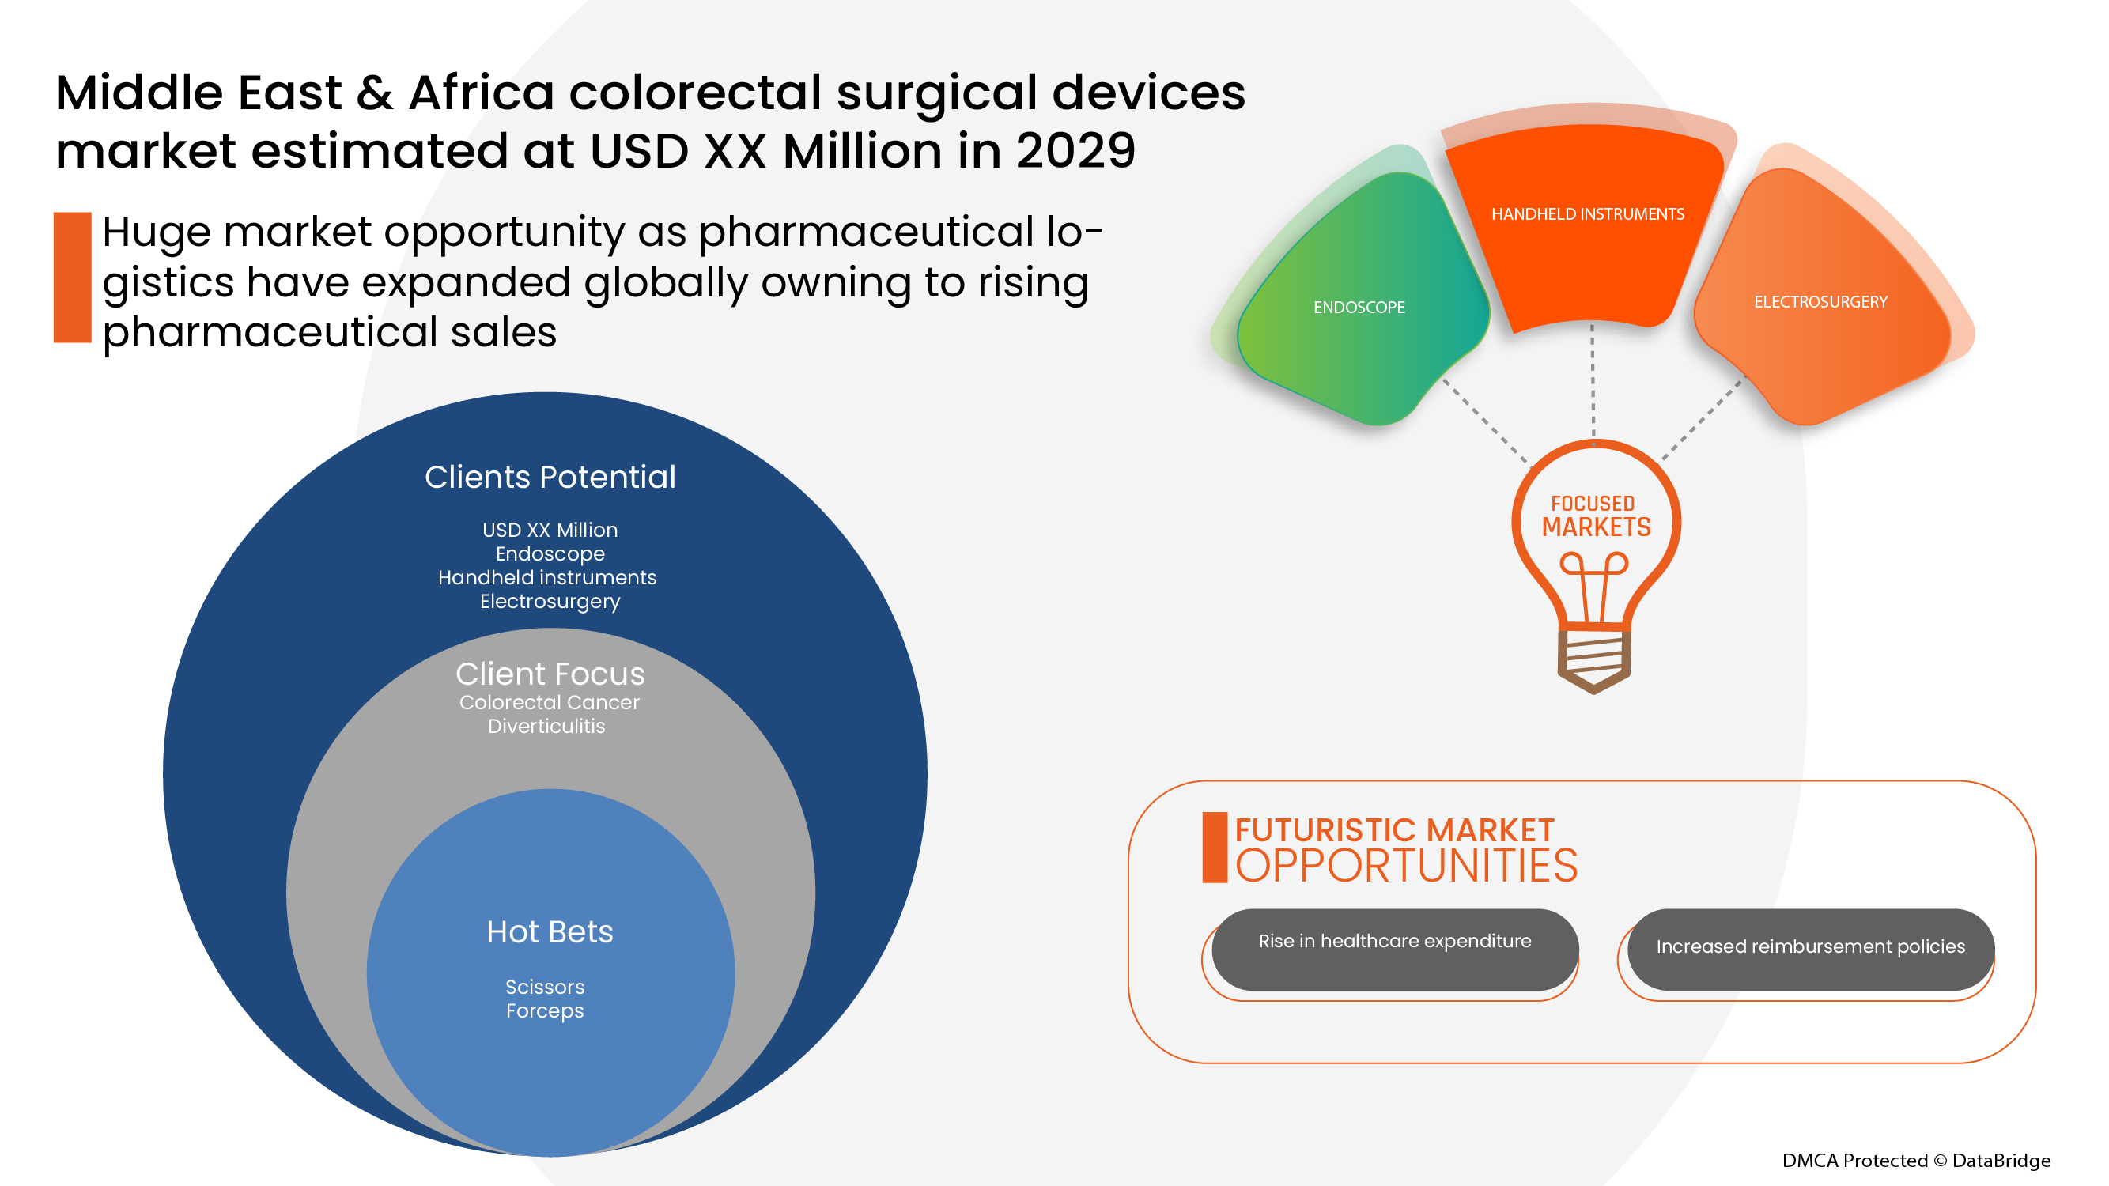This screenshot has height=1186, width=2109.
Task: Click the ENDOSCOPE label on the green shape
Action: pyautogui.click(x=1359, y=308)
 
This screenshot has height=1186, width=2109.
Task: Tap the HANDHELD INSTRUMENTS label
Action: pyautogui.click(x=1586, y=214)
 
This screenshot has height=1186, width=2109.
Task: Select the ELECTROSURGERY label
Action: pyautogui.click(x=1820, y=302)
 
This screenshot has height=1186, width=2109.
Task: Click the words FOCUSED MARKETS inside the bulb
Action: pyautogui.click(x=1595, y=516)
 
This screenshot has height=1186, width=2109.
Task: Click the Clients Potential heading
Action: pyautogui.click(x=550, y=478)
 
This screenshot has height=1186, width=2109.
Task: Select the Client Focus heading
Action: pyautogui.click(x=550, y=674)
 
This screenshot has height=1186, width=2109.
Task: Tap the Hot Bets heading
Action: pyautogui.click(x=550, y=931)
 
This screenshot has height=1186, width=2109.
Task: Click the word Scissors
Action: pyautogui.click(x=544, y=987)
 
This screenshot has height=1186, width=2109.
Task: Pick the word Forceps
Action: pyautogui.click(x=544, y=1010)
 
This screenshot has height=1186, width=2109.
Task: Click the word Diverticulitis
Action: pyautogui.click(x=546, y=726)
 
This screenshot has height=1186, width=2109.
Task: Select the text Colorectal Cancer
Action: pyautogui.click(x=550, y=702)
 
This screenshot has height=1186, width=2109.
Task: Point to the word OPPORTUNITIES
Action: pyautogui.click(x=1406, y=866)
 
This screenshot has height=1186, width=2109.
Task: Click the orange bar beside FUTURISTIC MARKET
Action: pyautogui.click(x=1214, y=847)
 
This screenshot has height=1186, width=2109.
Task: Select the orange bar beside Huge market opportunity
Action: pyautogui.click(x=72, y=278)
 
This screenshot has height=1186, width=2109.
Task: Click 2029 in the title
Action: pyautogui.click(x=1075, y=152)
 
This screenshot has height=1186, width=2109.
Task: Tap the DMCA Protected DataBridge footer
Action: pyautogui.click(x=1915, y=1160)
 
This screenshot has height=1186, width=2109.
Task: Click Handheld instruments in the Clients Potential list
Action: pyautogui.click(x=547, y=578)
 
